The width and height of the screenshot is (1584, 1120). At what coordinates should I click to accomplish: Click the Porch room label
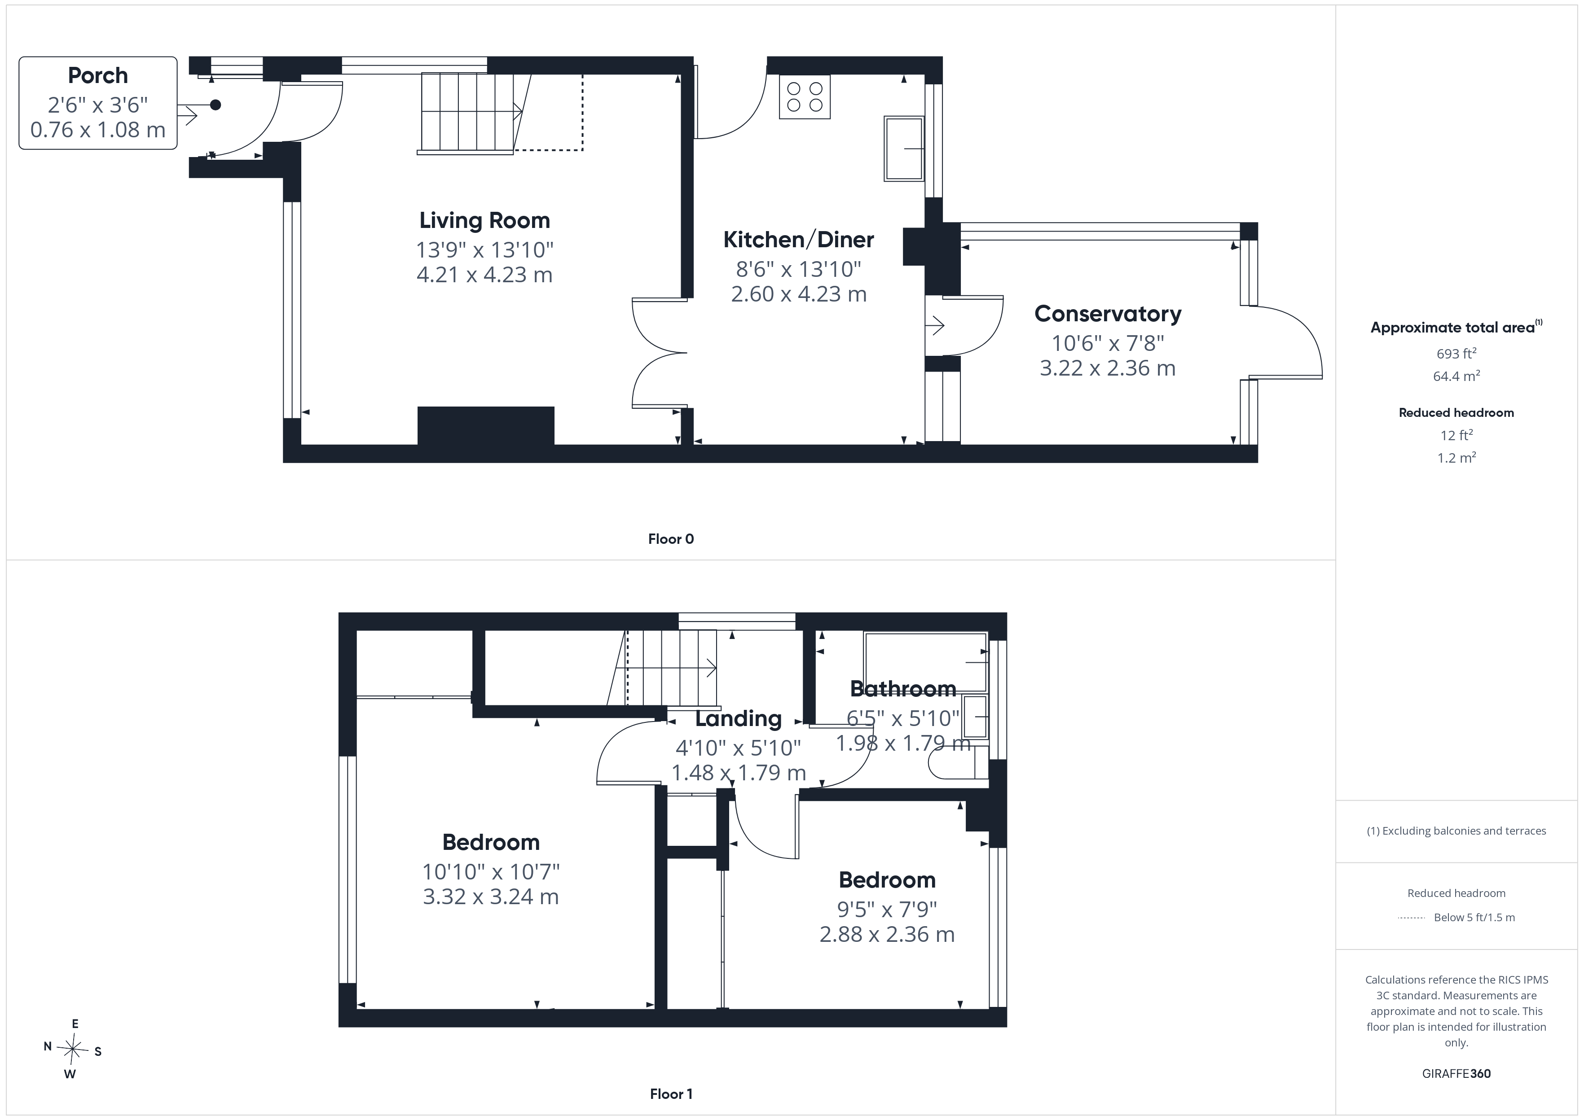[98, 75]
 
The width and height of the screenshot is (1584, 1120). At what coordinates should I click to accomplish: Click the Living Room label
[485, 221]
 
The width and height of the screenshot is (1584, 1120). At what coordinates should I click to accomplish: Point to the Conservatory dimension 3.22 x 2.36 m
[1107, 368]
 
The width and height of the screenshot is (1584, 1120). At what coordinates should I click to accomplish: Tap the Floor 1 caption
[671, 1094]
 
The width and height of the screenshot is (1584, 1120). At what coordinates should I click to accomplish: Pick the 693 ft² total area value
[1456, 354]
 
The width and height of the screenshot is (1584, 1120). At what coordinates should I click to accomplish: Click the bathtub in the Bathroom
[926, 662]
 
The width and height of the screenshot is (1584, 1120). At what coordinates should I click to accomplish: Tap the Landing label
[738, 718]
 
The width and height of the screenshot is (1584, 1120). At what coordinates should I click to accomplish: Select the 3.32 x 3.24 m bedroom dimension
[491, 897]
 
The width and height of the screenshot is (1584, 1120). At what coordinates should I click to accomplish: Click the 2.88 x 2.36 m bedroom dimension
[887, 935]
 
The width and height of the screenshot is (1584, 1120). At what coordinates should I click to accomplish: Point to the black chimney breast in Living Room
[486, 425]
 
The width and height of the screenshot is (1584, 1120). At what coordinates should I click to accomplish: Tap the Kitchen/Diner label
[798, 240]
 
